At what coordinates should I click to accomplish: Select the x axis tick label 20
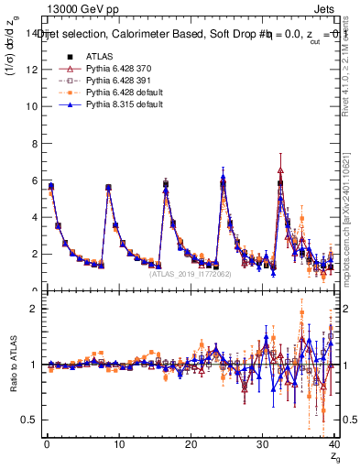click(191, 444)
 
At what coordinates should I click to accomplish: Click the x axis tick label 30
click(263, 444)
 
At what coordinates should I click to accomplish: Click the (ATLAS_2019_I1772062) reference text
click(191, 273)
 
